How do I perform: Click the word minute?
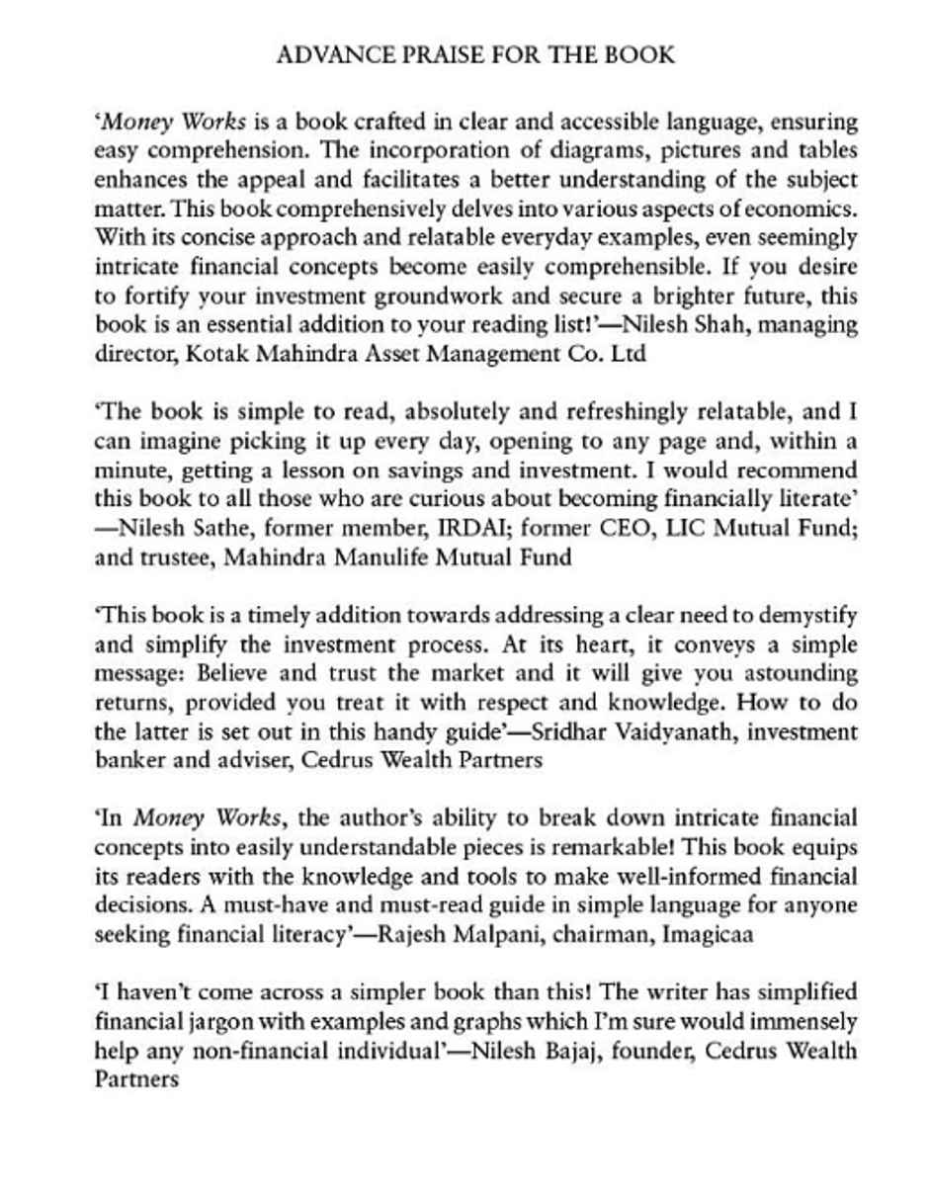127,470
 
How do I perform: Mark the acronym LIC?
687,529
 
